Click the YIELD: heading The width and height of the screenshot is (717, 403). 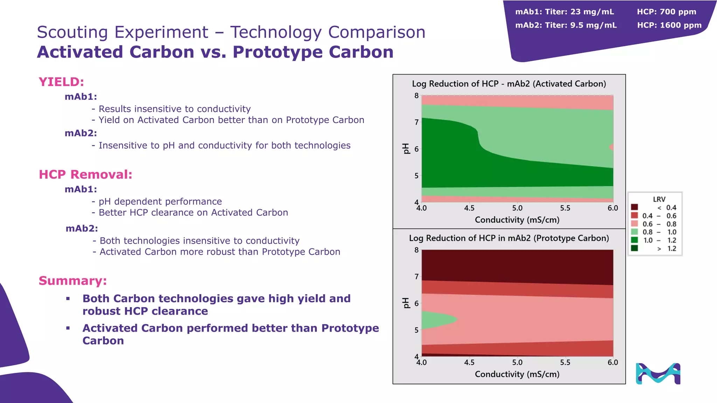point(61,82)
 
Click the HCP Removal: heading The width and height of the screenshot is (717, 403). point(85,174)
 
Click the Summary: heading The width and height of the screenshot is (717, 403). point(72,281)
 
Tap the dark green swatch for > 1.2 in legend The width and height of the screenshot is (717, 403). point(634,248)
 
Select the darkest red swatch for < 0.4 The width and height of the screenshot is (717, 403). point(634,207)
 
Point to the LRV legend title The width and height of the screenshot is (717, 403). point(659,199)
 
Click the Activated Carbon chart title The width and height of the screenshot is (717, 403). point(509,84)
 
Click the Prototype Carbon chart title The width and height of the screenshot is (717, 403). point(509,238)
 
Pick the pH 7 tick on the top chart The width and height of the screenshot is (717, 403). point(416,122)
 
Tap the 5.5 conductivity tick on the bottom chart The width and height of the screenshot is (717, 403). point(565,362)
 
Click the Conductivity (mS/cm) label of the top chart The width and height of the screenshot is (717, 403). point(517,220)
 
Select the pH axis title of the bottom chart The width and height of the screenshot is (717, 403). point(406,303)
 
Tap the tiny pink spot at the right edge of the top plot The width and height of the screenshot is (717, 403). point(611,147)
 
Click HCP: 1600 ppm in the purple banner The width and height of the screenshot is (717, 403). point(669,25)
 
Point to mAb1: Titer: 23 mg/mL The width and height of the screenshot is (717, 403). point(564,12)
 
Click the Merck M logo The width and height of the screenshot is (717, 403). point(658,374)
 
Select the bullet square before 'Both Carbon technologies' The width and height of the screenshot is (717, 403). point(68,299)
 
